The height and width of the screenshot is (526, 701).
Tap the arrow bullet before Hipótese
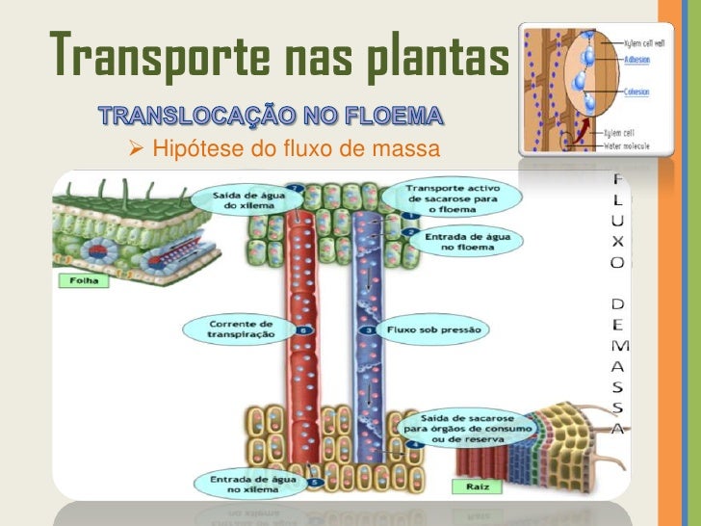pos(136,148)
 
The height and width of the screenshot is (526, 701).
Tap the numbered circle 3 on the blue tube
pos(370,330)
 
